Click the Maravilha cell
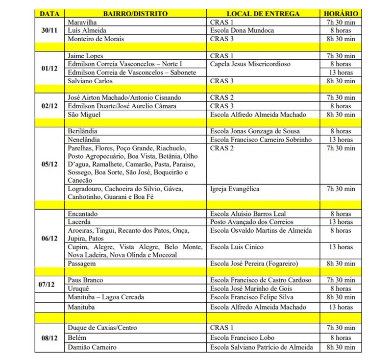(x=84, y=23)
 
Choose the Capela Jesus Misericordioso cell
(x=252, y=64)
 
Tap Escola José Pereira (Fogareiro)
(x=253, y=264)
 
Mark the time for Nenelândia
(x=341, y=139)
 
